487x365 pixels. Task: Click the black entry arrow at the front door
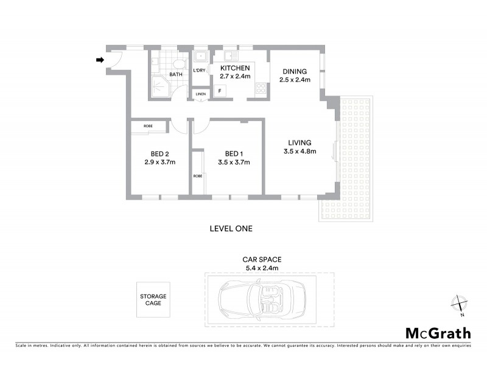tap(100, 60)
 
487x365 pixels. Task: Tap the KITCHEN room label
tap(235, 68)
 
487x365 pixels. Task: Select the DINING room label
tap(295, 71)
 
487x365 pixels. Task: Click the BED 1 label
tap(234, 153)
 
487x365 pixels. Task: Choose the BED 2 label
tap(159, 153)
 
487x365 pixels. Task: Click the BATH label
tap(175, 75)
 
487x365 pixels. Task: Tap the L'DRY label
tap(199, 71)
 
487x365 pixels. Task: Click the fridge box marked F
tap(219, 92)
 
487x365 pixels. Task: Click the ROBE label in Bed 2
tap(148, 126)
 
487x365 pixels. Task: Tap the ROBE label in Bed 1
tap(197, 176)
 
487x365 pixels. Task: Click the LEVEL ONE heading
tap(230, 229)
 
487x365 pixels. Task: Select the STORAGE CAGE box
tap(153, 300)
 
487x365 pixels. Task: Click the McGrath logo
tap(438, 333)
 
